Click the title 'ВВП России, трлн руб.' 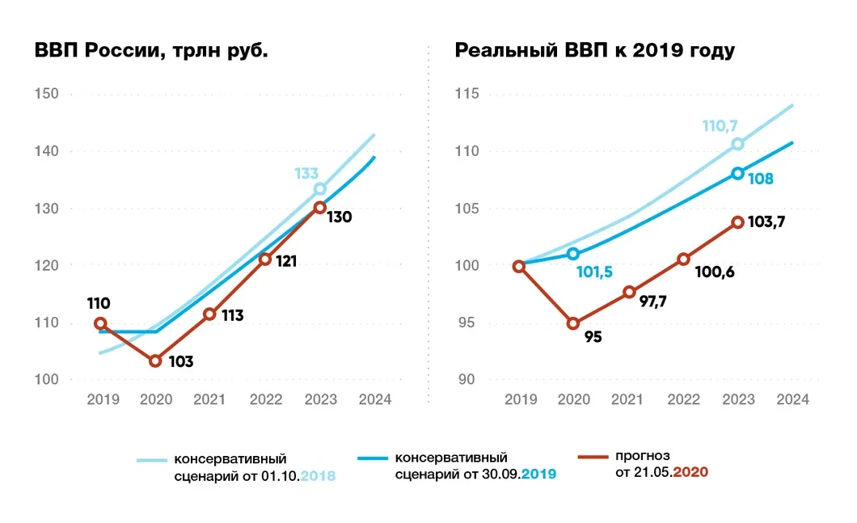(151, 51)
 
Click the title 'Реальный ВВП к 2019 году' (594, 51)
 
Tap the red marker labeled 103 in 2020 (155, 361)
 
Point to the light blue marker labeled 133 (319, 188)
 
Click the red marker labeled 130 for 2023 (319, 207)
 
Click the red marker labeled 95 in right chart (573, 323)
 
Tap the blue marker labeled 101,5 (573, 254)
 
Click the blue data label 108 (761, 179)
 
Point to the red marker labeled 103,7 (737, 221)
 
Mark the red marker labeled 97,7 (629, 292)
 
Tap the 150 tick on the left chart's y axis (48, 95)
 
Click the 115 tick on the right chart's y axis (466, 95)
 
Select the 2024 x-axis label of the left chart (375, 399)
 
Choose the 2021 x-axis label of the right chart (628, 399)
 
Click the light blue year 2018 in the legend (318, 476)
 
